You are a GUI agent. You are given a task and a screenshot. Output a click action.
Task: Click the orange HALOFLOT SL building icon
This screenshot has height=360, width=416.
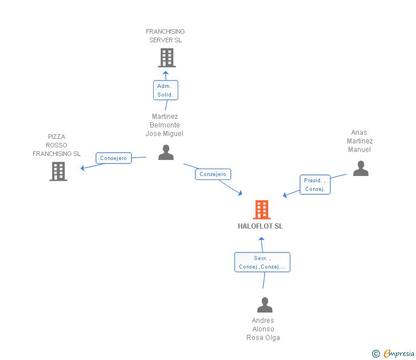click(262, 210)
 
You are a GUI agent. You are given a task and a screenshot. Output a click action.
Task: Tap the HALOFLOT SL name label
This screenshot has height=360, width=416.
click(261, 226)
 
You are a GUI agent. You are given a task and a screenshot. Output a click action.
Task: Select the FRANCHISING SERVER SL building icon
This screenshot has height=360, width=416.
click(166, 57)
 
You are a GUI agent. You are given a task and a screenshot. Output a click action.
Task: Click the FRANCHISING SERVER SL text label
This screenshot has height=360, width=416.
click(165, 36)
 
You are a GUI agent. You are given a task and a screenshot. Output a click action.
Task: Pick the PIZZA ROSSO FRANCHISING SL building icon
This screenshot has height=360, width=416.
click(58, 171)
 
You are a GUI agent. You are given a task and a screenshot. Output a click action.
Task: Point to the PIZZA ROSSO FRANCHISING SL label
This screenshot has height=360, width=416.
click(57, 145)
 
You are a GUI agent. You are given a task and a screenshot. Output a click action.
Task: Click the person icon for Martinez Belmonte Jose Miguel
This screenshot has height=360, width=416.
click(166, 152)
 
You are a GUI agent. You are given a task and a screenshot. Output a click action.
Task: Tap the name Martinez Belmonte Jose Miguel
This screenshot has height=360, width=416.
click(165, 125)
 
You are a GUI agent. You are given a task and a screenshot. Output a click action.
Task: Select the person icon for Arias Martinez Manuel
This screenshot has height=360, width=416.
click(361, 169)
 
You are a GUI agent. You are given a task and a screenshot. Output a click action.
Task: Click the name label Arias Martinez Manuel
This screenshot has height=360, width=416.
click(360, 141)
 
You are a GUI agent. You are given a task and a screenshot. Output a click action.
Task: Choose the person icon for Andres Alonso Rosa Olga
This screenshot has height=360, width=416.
click(265, 305)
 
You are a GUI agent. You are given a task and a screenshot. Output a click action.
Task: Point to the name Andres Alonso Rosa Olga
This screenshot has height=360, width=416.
click(263, 329)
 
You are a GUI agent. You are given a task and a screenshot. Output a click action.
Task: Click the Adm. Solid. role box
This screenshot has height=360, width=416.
click(165, 90)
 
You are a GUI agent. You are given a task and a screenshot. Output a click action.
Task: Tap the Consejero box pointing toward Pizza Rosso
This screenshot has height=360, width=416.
click(114, 158)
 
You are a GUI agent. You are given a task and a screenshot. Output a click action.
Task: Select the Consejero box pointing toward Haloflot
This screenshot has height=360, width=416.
click(213, 174)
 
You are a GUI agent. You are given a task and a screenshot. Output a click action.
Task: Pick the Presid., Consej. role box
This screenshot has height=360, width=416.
click(315, 185)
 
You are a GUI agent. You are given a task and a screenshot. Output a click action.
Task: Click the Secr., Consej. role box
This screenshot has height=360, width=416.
click(262, 262)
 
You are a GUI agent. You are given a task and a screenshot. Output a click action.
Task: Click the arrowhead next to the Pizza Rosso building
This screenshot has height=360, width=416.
click(83, 168)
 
